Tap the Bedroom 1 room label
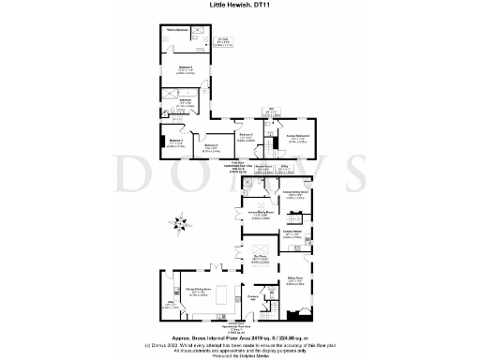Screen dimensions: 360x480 pyautogui.click(x=186, y=68)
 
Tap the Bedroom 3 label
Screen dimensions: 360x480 pyautogui.click(x=212, y=146)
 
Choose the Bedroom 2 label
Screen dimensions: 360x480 pyautogui.click(x=247, y=137)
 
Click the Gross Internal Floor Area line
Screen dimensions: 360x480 pyautogui.click(x=240, y=339)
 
